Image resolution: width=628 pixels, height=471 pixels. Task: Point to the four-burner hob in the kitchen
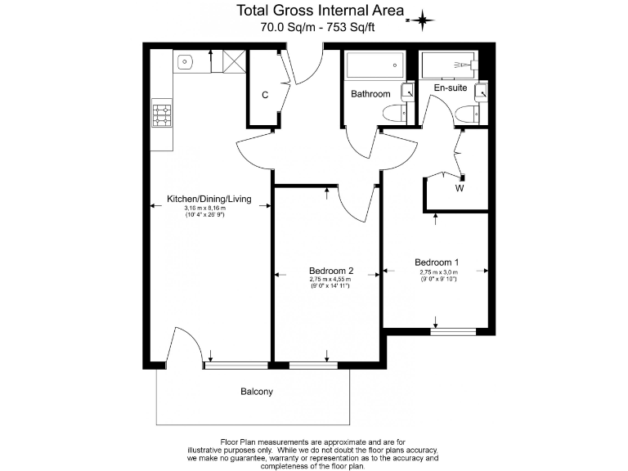(162, 114)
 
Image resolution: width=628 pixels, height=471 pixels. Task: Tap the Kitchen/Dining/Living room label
(209, 199)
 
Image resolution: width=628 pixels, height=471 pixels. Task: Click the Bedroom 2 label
(331, 271)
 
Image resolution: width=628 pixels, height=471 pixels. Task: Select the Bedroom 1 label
(437, 262)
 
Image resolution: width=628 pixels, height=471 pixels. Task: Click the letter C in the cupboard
(265, 95)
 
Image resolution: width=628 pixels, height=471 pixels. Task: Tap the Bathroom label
(370, 94)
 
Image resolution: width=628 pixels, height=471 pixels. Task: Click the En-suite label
(450, 87)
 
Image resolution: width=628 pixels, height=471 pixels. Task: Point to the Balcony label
(256, 392)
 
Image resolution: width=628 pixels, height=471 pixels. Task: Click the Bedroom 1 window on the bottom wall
(454, 331)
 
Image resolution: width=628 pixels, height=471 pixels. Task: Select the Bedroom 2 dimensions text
(330, 283)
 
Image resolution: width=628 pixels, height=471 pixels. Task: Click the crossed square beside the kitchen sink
(234, 61)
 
